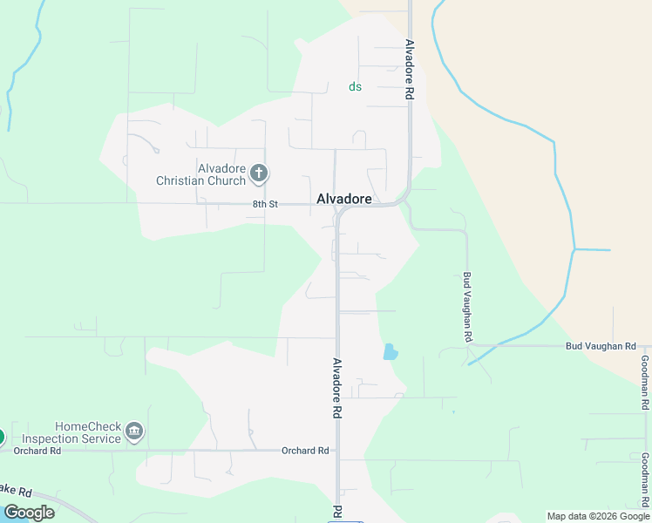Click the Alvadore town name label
(344, 199)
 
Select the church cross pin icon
(258, 173)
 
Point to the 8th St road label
(265, 204)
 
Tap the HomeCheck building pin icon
(134, 431)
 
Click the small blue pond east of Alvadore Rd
(390, 352)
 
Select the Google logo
(29, 513)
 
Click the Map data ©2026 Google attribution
(598, 516)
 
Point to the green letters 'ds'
(355, 86)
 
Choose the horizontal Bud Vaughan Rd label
(601, 346)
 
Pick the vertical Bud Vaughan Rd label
(468, 306)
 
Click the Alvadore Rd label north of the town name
(409, 70)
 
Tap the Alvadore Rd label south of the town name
(336, 388)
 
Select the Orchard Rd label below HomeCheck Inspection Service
(43, 451)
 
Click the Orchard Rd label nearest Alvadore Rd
(305, 451)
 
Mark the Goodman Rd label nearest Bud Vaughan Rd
(645, 384)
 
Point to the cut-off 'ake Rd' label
(16, 488)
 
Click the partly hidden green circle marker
(2, 437)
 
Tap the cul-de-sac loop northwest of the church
(156, 150)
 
